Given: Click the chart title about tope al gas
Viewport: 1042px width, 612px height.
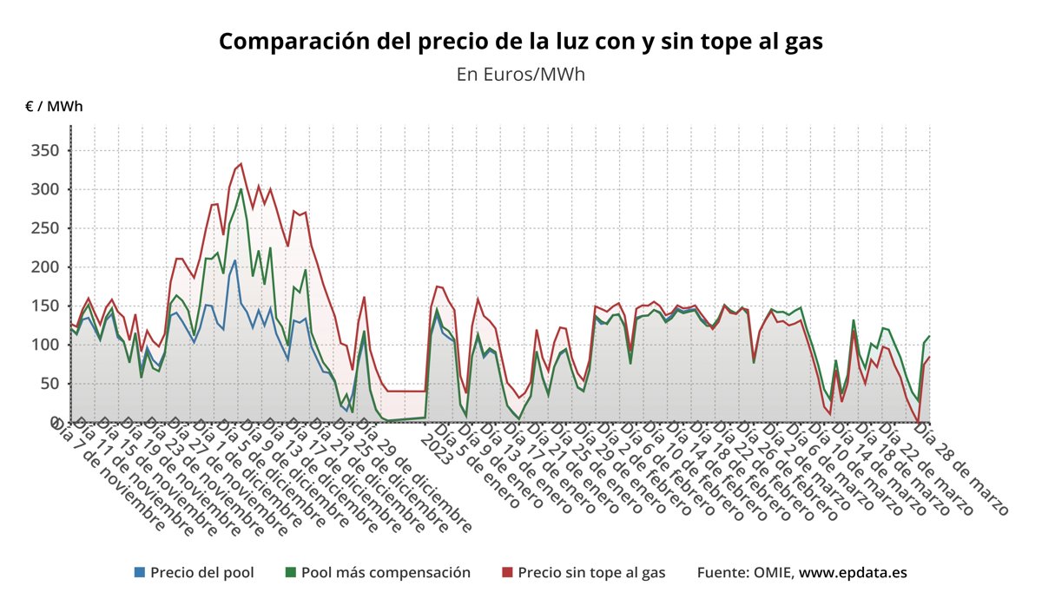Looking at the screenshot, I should pos(520,41).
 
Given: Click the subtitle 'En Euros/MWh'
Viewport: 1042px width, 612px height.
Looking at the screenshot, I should pos(520,75).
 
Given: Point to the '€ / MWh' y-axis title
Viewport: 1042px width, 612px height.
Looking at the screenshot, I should pos(54,107).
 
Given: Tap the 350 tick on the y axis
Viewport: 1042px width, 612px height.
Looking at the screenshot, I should pos(43,151).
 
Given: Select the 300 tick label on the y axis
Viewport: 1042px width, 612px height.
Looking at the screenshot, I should pos(43,189).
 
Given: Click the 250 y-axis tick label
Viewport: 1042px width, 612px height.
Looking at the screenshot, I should pos(43,228).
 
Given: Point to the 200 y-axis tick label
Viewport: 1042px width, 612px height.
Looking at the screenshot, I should pos(43,267).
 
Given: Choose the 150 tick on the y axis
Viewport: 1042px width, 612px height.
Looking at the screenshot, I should pos(43,306).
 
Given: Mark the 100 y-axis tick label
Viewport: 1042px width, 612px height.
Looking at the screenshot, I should pos(43,345).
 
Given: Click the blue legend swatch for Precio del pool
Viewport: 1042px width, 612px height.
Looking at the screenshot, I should pos(140,573).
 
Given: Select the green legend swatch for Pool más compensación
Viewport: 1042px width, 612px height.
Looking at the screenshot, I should pos(291,573).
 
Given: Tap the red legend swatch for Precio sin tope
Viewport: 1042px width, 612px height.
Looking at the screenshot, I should pos(508,573).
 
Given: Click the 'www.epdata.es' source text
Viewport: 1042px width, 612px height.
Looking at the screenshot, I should pos(853,573).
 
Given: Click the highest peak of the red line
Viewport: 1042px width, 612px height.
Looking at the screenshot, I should pos(241,163).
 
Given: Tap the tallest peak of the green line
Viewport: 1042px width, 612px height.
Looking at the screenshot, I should pos(241,189).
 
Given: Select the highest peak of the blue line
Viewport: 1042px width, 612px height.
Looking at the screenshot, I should pos(234,260).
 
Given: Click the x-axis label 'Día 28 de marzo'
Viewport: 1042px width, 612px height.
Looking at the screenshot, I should pos(962,469).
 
